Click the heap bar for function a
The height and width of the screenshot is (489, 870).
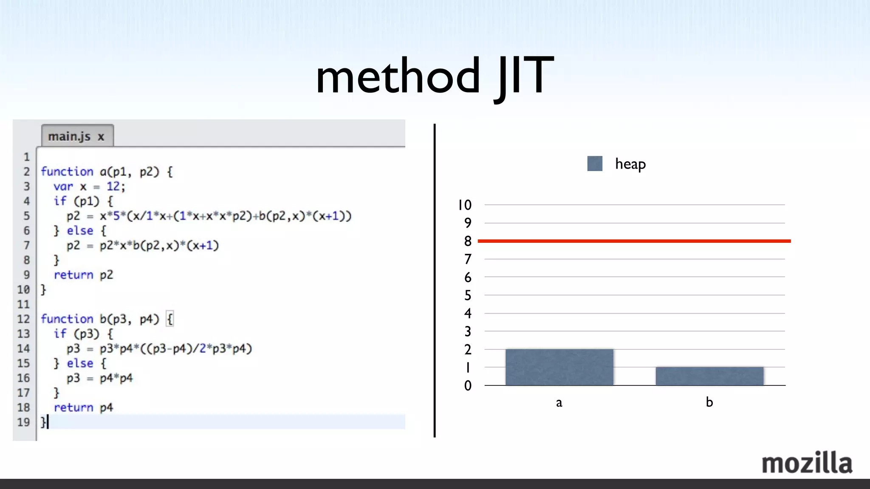tap(559, 367)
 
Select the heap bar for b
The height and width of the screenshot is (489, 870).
tap(709, 376)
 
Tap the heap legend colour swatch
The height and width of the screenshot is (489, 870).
tap(595, 163)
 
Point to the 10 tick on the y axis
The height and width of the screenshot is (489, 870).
tap(465, 205)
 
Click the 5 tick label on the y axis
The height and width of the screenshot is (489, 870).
tap(468, 295)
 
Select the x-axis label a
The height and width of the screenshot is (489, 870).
tap(559, 402)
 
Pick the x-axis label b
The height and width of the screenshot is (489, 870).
tap(709, 402)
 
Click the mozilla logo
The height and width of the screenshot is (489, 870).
tap(807, 463)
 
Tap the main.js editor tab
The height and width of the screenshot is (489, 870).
tap(77, 136)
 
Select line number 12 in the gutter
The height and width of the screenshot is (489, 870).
tap(23, 319)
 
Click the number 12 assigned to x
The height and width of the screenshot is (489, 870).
tap(113, 186)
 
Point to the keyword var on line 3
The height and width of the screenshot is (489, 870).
tap(63, 186)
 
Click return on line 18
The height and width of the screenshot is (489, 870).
tap(73, 407)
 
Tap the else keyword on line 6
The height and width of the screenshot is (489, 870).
tap(80, 230)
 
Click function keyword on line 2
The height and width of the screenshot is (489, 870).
tap(67, 171)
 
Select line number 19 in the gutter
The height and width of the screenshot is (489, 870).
tap(23, 422)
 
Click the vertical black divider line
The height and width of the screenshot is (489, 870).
tap(434, 280)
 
